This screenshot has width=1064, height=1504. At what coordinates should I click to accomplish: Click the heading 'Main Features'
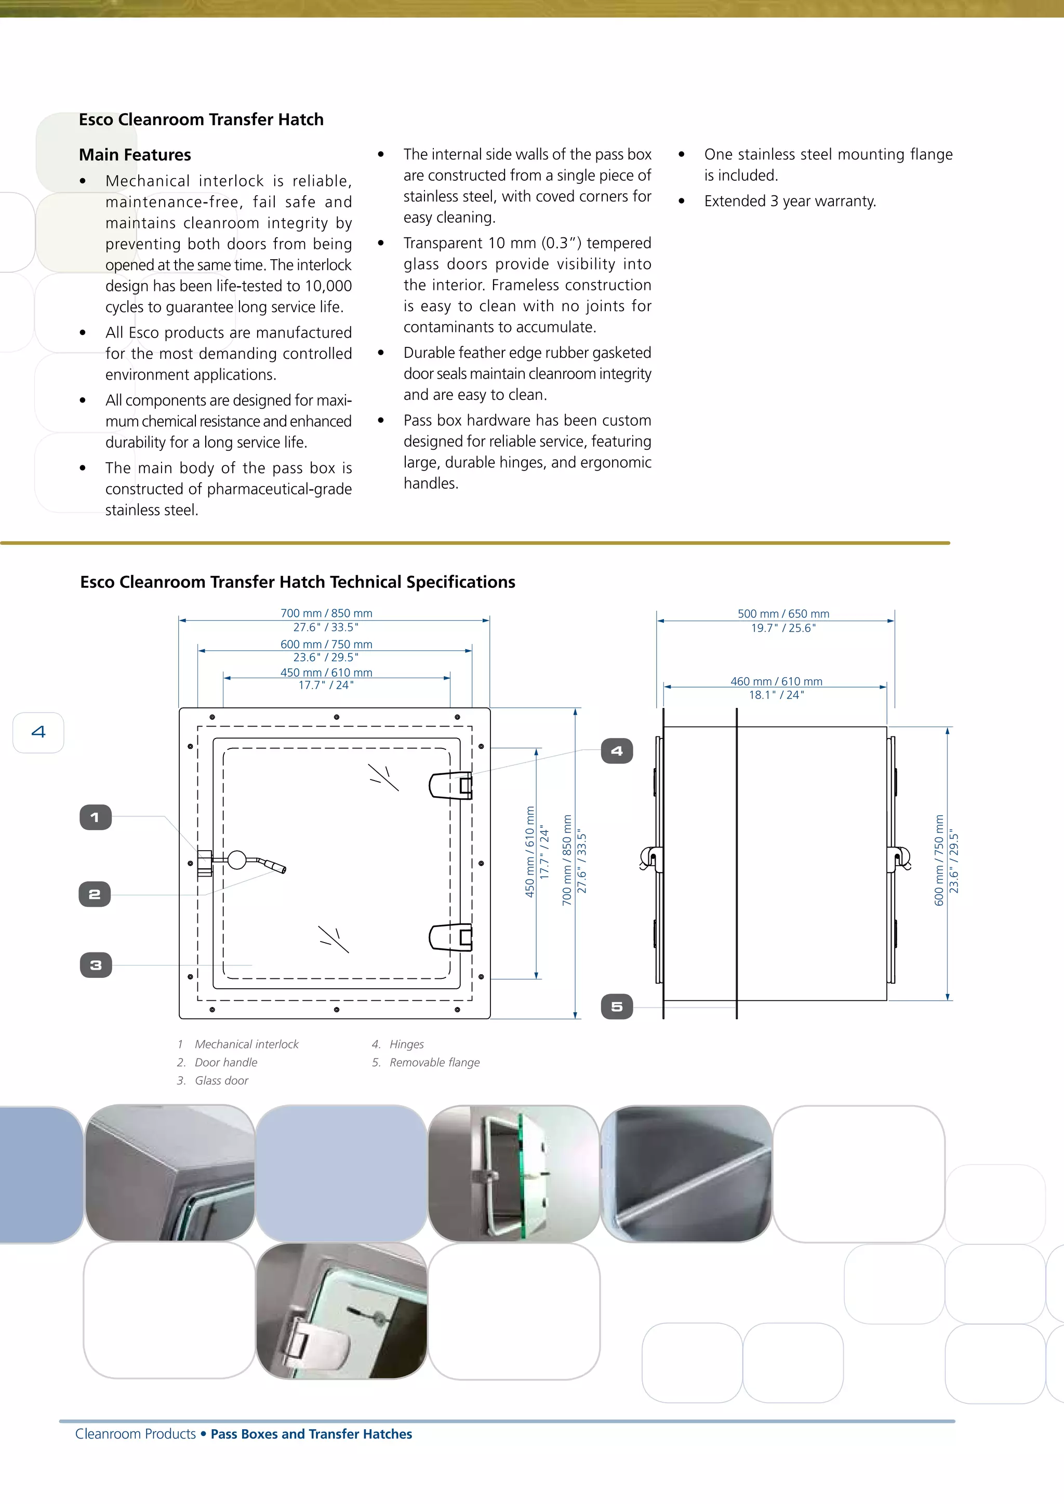(135, 155)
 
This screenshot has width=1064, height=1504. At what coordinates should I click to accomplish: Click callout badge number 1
(96, 817)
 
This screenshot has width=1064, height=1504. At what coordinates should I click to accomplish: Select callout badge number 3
(96, 965)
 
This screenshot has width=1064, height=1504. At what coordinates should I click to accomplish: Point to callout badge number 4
(617, 750)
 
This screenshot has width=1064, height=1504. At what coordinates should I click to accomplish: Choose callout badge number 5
(617, 1006)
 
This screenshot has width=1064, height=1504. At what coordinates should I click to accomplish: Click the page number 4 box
(38, 732)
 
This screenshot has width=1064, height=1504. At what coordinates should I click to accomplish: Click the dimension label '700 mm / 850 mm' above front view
(326, 613)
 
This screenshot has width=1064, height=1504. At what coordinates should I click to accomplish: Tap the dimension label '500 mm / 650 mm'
(783, 614)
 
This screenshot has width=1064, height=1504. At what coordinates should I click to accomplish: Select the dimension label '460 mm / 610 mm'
(776, 681)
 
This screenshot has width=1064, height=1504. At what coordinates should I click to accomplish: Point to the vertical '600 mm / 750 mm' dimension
(939, 860)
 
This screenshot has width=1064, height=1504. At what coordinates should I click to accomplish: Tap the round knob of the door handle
(236, 860)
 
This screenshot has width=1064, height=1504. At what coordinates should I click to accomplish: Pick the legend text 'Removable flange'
(434, 1062)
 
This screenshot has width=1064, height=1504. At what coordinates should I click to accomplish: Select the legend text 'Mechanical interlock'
(246, 1043)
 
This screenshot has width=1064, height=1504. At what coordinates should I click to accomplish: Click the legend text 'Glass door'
(221, 1080)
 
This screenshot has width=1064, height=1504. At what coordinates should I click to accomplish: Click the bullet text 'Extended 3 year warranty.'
(790, 201)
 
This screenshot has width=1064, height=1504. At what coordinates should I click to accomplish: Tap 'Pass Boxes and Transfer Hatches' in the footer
(311, 1433)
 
